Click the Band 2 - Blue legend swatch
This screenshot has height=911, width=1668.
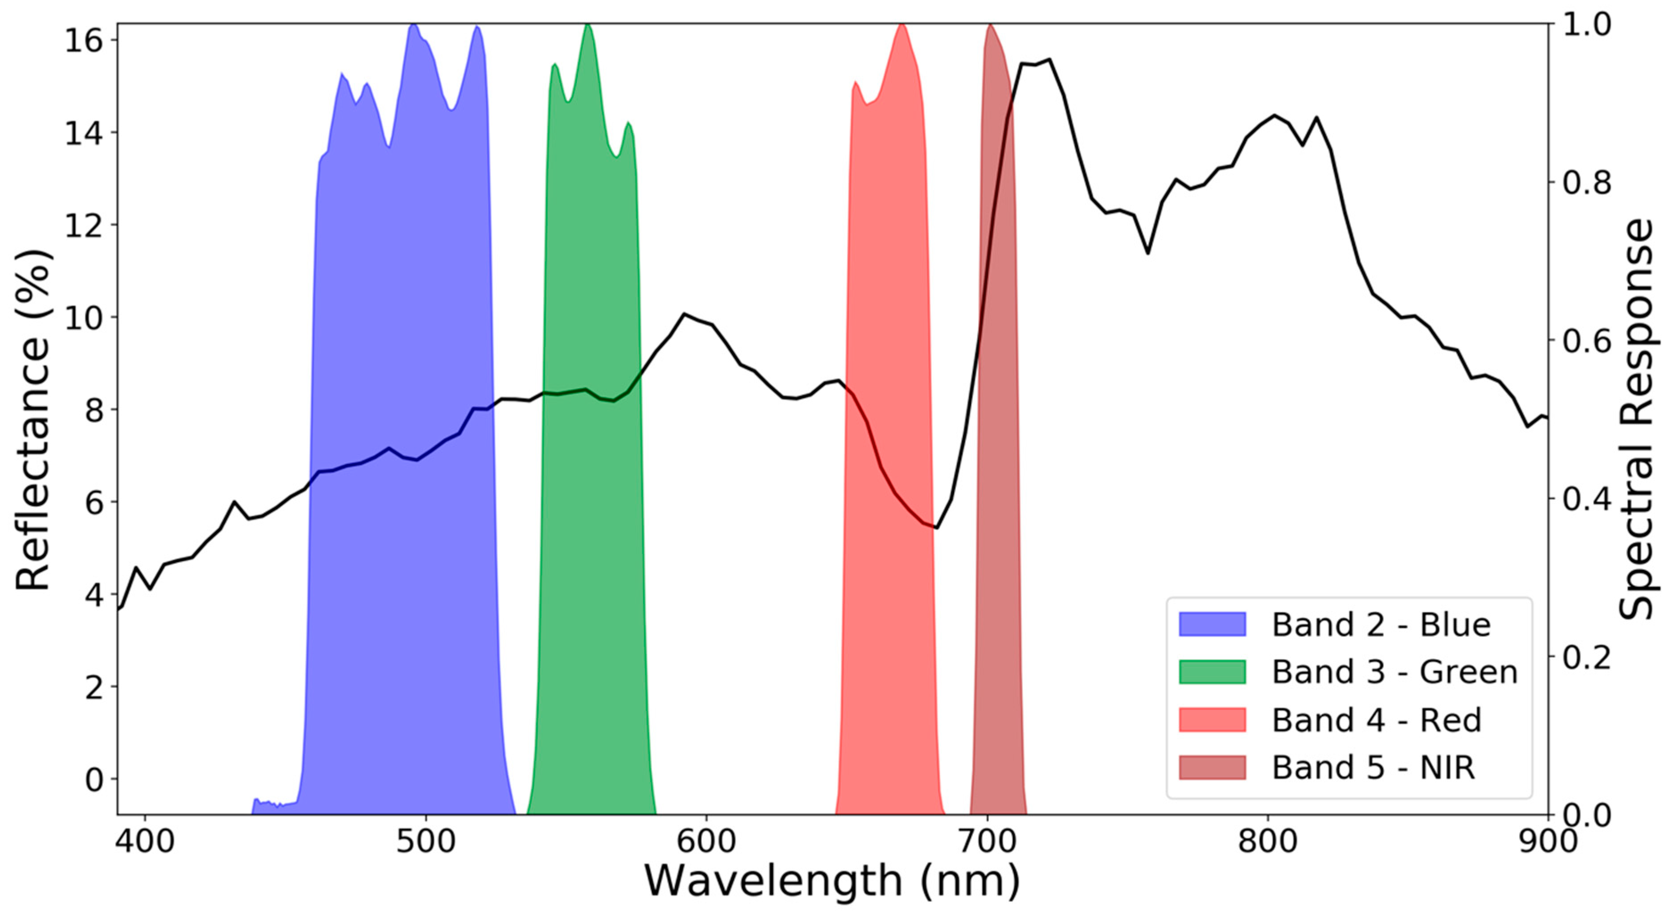coord(1212,624)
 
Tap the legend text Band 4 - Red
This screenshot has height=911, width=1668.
coord(1376,720)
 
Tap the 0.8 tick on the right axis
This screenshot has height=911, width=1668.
coord(1587,183)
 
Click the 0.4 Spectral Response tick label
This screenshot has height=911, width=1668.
coord(1587,499)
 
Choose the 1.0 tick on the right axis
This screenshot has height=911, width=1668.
coord(1587,25)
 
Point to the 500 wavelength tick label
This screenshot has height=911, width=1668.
coord(426,842)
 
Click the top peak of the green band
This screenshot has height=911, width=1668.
coord(587,26)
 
